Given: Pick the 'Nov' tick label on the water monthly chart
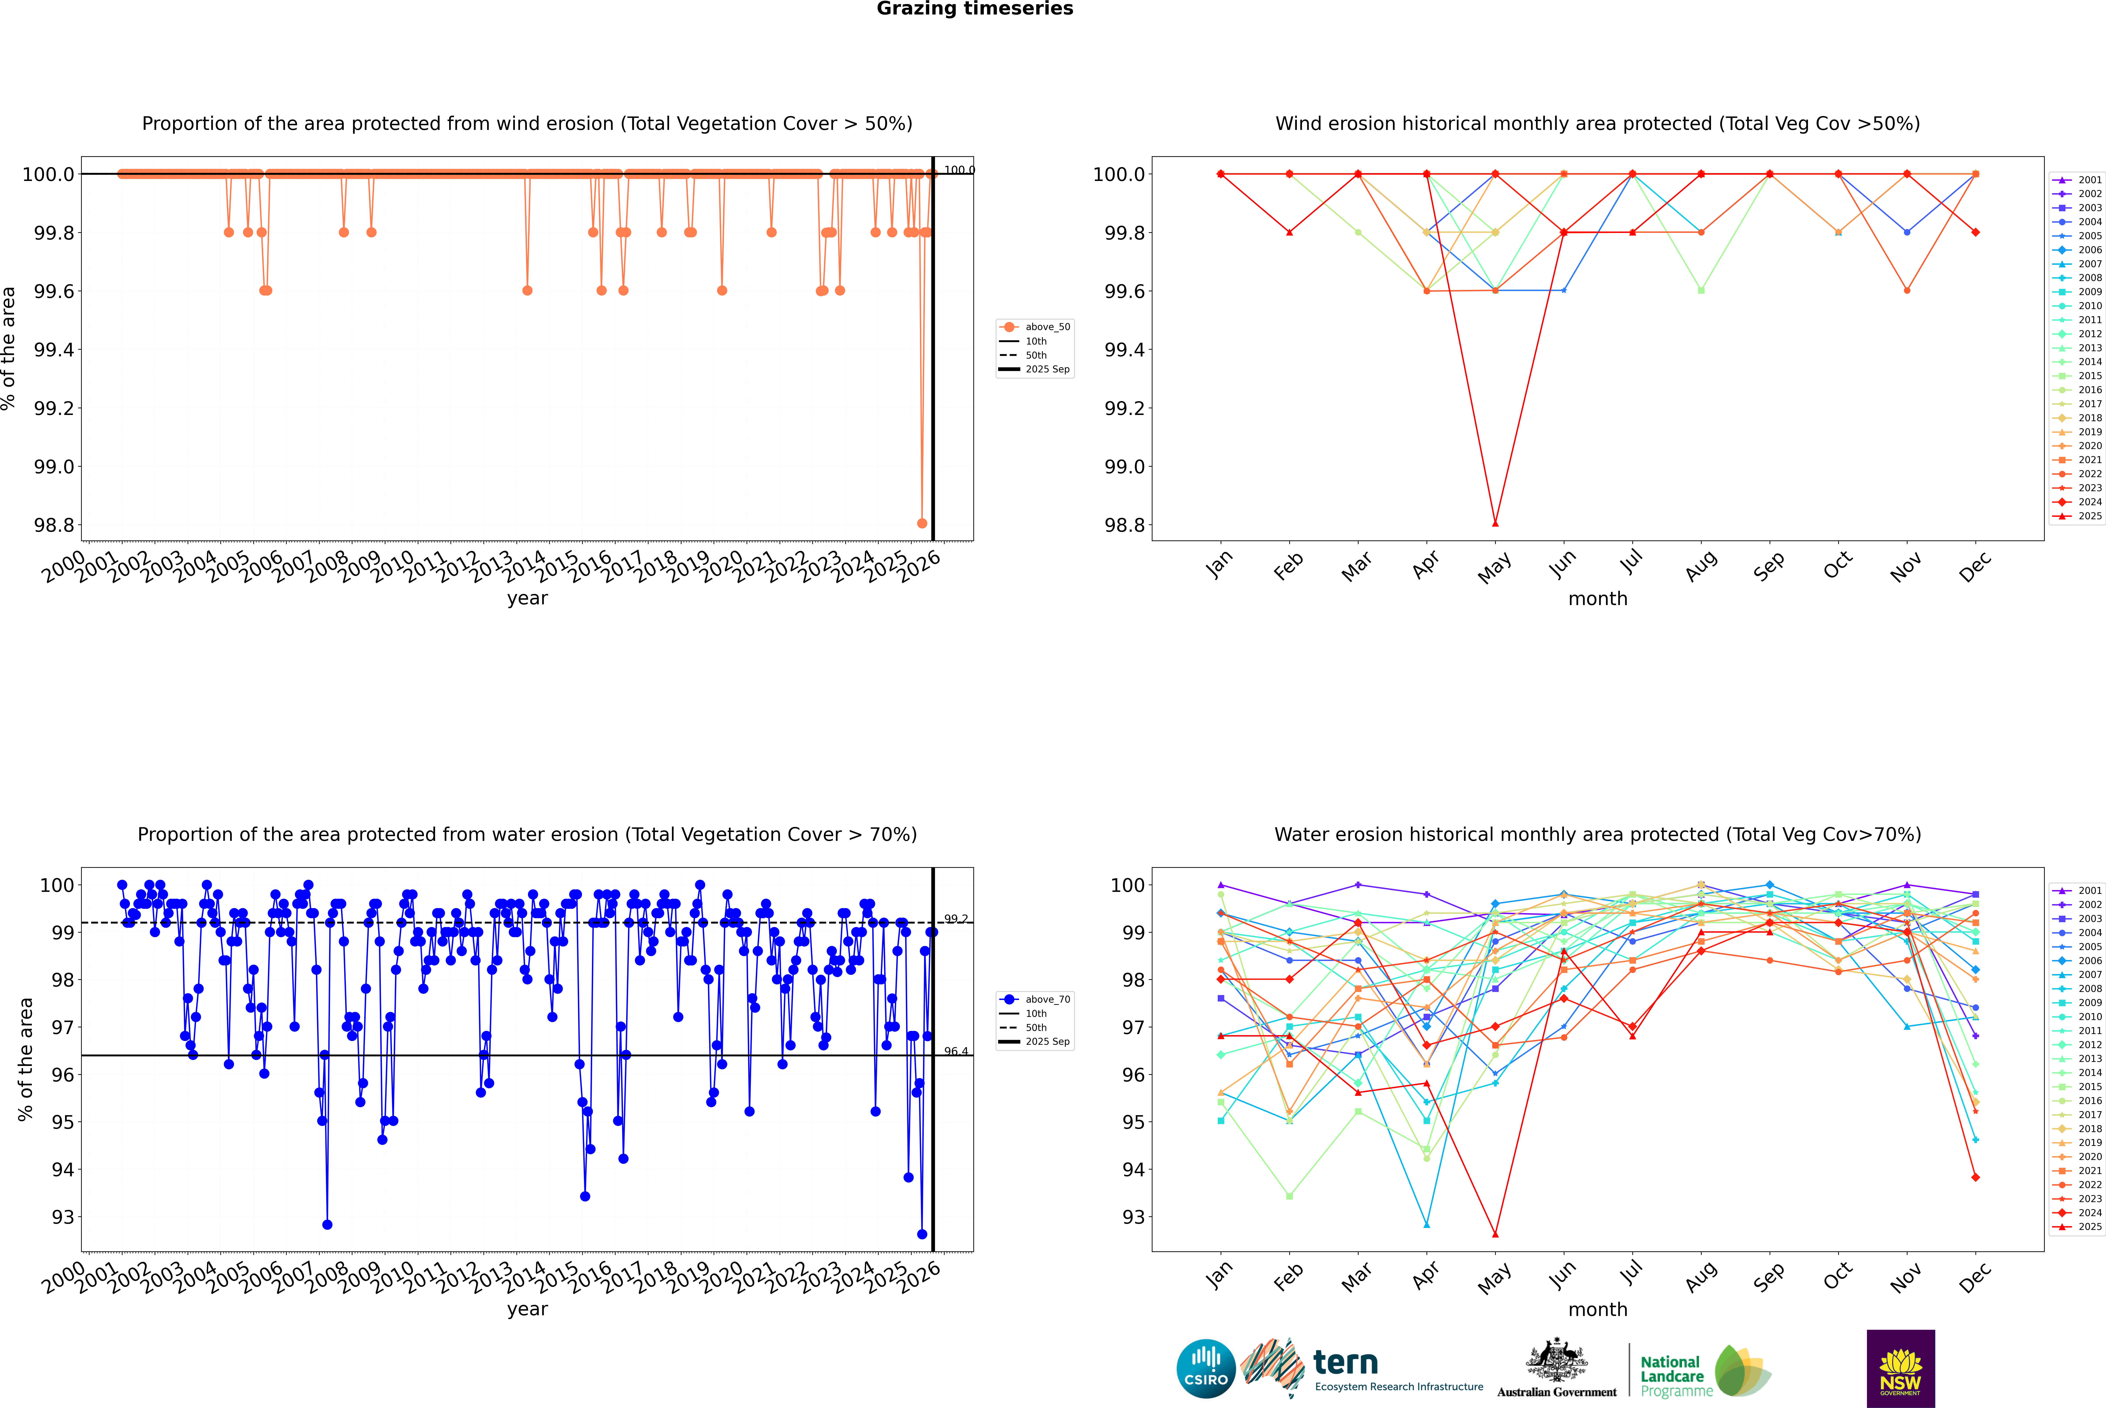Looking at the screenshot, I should point(1906,1277).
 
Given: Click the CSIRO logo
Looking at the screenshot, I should point(1206,1369).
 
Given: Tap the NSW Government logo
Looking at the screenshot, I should point(1900,1369).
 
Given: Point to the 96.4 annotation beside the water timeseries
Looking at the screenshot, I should point(956,1051).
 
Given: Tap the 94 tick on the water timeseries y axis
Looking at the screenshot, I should point(63,1169).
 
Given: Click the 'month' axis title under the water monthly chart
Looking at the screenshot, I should point(1597,1309).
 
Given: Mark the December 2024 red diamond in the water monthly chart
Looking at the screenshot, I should point(1975,1177).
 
